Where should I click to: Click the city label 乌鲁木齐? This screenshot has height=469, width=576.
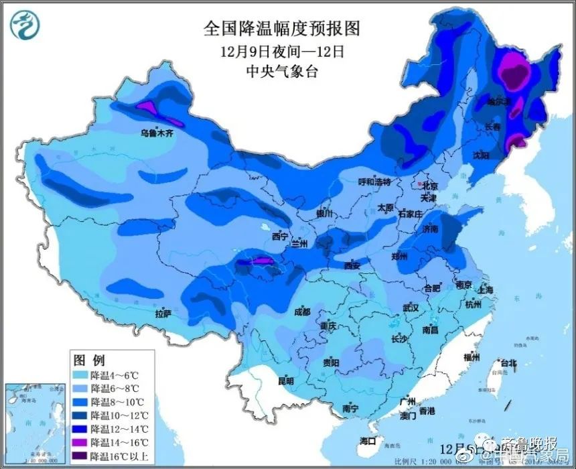point(156,133)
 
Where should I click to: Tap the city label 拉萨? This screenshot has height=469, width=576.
point(163,313)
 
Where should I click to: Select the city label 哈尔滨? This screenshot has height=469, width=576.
point(498,102)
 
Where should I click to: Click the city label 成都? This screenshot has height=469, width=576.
point(301,312)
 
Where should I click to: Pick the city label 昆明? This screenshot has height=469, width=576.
point(285,381)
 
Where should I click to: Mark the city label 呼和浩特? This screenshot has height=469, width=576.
point(374,182)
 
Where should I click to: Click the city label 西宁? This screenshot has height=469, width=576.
point(280,237)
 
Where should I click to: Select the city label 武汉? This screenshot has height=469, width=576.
point(411,308)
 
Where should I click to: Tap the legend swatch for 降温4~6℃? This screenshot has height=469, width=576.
point(80,375)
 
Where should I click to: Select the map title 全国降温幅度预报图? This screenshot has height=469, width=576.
point(281,28)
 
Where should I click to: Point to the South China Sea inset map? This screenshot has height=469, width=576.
point(35,422)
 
